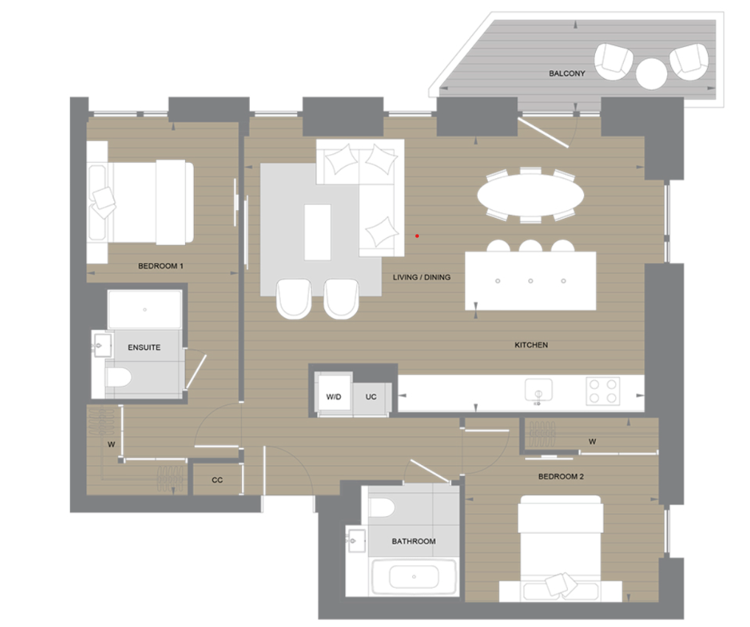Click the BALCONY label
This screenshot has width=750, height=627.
(567, 74)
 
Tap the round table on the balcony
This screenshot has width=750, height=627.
(652, 73)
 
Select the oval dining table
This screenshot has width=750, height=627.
(530, 195)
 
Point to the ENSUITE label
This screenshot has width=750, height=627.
(144, 347)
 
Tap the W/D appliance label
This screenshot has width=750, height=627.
(334, 397)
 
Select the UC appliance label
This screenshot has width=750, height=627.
(371, 397)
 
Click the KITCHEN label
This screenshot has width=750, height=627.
(531, 345)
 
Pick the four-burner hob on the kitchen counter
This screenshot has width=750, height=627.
(603, 391)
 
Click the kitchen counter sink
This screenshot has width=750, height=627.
(538, 390)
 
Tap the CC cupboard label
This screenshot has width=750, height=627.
(217, 480)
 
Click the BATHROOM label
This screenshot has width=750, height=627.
(413, 542)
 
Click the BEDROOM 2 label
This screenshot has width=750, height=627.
(560, 477)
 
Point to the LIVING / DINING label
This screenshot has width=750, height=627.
(422, 278)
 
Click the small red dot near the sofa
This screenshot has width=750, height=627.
(417, 236)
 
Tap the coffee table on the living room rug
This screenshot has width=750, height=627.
(317, 232)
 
